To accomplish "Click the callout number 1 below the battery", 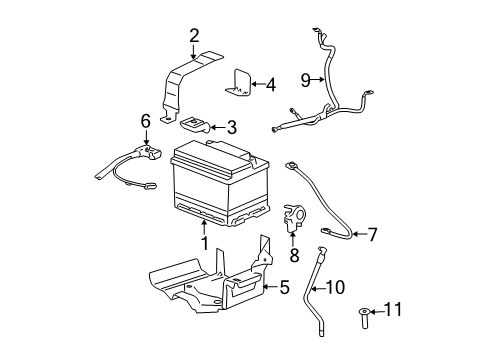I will click(204, 242).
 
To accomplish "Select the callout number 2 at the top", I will click(193, 38).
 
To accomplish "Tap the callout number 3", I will click(231, 127).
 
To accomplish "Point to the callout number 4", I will click(269, 84).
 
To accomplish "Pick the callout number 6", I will click(145, 120).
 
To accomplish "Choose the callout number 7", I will click(372, 235).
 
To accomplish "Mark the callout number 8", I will click(295, 256).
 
